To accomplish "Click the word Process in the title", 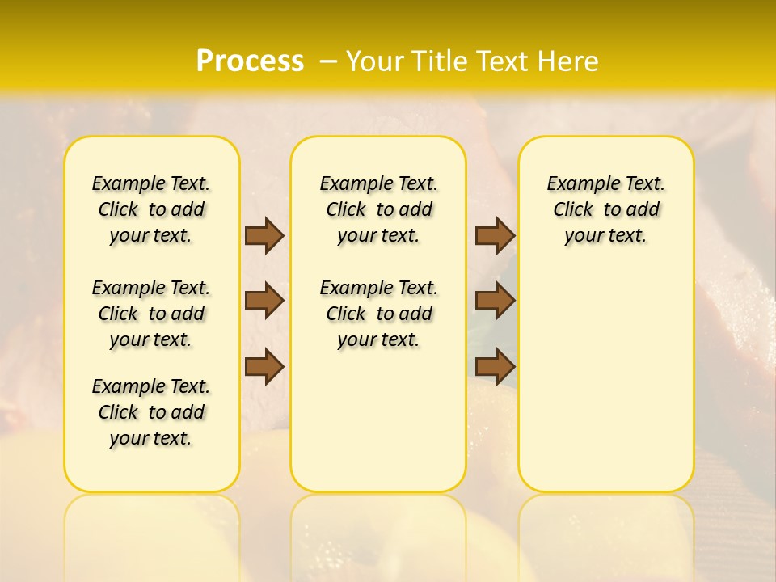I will (x=250, y=61).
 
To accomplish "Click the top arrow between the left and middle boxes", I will (x=264, y=235).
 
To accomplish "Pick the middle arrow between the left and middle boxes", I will (x=264, y=301).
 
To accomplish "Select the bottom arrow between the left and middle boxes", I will (x=264, y=366).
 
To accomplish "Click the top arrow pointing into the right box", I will (x=495, y=235).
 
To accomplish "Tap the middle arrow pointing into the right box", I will (x=495, y=301).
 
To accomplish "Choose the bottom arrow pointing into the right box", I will (x=495, y=366).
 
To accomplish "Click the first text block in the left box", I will (x=151, y=209).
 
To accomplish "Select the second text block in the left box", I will (x=151, y=314).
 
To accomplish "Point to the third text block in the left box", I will (x=151, y=412).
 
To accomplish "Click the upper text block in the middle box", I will (x=378, y=209).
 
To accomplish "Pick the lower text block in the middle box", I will (x=378, y=314).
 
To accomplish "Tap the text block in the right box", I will (x=605, y=209).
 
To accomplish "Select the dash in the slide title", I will (x=328, y=61).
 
